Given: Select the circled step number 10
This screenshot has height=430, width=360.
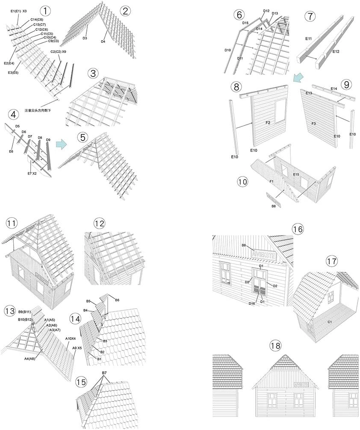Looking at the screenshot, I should pos(242,181).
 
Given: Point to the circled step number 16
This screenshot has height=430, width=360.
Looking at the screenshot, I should pos(298,229).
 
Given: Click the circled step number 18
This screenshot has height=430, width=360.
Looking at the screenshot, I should pos(277,345).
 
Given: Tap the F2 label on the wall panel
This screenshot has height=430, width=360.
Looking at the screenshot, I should pos(268,123).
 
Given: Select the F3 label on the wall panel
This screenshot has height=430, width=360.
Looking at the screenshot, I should pos(313,124).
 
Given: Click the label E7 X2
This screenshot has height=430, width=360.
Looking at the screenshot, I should pos(32,173).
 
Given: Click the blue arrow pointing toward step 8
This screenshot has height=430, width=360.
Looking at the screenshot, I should pos(299,77).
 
